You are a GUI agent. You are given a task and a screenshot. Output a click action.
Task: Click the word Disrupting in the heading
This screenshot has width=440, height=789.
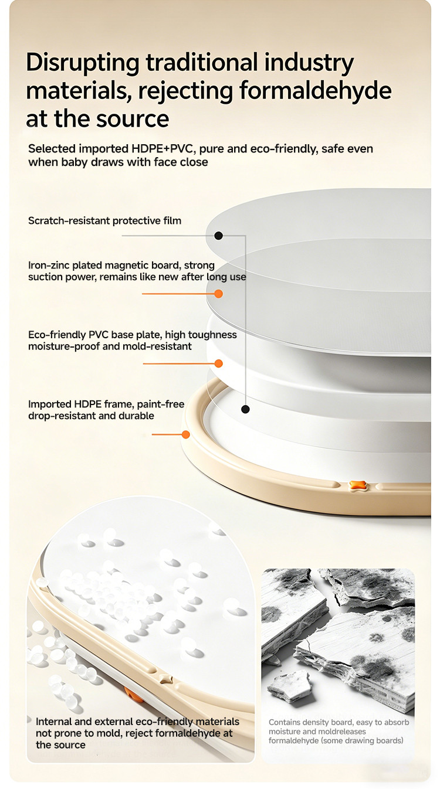(83, 63)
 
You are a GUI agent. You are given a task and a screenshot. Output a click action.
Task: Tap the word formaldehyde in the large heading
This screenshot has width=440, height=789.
(316, 90)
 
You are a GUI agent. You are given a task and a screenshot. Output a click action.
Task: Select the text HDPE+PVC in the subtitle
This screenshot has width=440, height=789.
(163, 149)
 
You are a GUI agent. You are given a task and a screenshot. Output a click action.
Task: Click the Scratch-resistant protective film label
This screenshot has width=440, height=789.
(104, 221)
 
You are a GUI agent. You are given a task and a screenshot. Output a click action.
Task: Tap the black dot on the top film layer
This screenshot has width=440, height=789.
(219, 236)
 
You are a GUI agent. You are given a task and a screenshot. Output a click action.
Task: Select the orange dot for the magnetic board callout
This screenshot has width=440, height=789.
(219, 294)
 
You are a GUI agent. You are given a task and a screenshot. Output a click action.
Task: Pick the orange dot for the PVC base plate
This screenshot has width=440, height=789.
(219, 363)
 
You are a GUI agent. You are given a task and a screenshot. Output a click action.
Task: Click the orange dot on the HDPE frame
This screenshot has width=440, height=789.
(186, 435)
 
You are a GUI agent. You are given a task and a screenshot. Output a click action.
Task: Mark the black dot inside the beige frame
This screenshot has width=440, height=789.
(245, 409)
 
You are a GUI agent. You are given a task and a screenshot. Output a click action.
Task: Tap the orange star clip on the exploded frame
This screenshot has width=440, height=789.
(357, 486)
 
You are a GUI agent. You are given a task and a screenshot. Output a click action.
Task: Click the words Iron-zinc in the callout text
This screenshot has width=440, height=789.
(49, 265)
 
